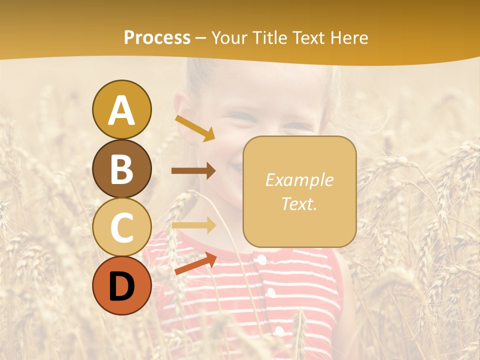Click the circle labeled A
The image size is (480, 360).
pyautogui.click(x=121, y=109)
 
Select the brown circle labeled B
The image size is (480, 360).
pyautogui.click(x=121, y=168)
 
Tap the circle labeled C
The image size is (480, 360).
pyautogui.click(x=121, y=227)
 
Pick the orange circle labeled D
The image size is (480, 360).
pyautogui.click(x=121, y=286)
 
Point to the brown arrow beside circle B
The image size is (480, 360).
pyautogui.click(x=193, y=171)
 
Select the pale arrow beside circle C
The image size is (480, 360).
pyautogui.click(x=193, y=225)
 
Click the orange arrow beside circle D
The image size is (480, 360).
pyautogui.click(x=195, y=263)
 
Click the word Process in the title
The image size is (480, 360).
pyautogui.click(x=157, y=38)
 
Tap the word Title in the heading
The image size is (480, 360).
pyautogui.click(x=270, y=38)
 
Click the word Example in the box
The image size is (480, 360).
pyautogui.click(x=299, y=180)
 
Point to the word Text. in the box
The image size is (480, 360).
pyautogui.click(x=299, y=203)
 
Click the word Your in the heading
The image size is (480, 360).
pyautogui.click(x=230, y=38)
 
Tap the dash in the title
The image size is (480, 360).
pyautogui.click(x=201, y=38)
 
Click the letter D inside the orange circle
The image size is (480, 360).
pyautogui.click(x=121, y=286)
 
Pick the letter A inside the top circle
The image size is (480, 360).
pyautogui.click(x=121, y=110)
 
